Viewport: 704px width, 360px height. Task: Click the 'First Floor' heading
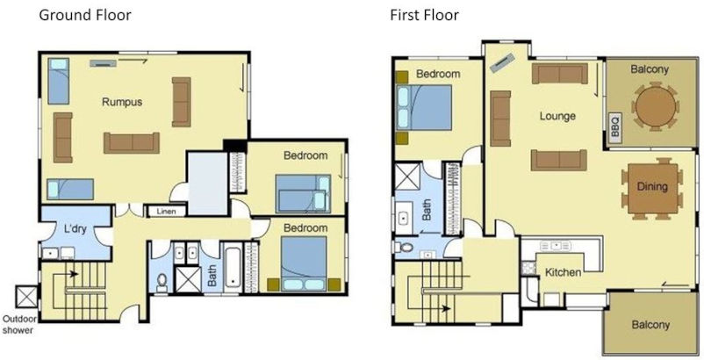(424, 16)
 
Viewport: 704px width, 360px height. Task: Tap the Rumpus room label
(122, 102)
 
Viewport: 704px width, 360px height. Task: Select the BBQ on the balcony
(614, 126)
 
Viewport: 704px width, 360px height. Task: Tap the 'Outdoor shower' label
(19, 324)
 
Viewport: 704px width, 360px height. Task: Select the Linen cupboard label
(166, 212)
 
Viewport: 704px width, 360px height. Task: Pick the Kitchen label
(563, 272)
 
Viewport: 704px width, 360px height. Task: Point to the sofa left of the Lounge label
(500, 118)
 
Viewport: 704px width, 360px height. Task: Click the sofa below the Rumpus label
(132, 142)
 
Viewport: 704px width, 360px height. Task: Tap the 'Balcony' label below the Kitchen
(650, 325)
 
